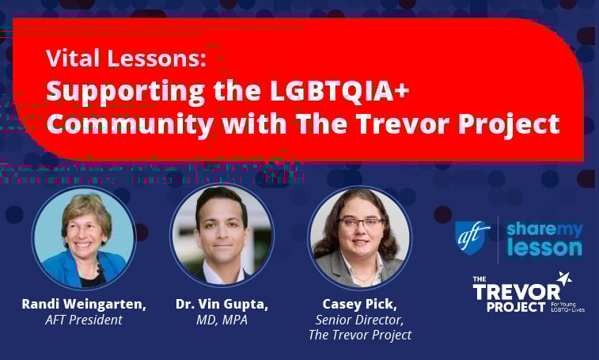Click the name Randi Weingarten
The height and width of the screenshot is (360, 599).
[x=84, y=304]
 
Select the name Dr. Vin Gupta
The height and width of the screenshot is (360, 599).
[x=222, y=304]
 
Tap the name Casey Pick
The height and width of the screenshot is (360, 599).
[x=359, y=304]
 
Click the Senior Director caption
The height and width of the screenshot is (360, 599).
[x=359, y=320]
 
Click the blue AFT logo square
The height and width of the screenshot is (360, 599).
[x=473, y=238]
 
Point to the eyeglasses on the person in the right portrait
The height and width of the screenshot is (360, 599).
[x=359, y=224]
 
